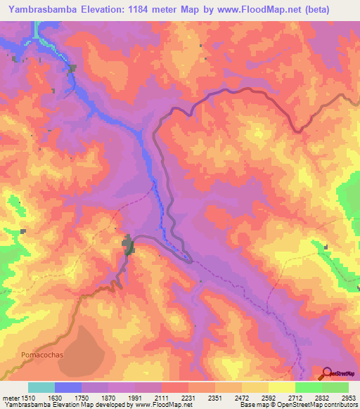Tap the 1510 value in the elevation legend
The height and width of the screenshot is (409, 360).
click(x=27, y=398)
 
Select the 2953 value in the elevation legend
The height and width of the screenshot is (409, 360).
click(x=349, y=398)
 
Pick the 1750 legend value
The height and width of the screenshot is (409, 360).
click(x=82, y=398)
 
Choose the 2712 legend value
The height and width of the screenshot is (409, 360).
click(x=295, y=398)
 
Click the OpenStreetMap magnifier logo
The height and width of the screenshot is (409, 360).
click(x=326, y=373)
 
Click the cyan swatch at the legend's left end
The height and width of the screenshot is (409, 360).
click(x=41, y=387)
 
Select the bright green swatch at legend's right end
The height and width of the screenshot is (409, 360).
click(x=335, y=387)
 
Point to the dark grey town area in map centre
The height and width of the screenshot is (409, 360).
click(x=129, y=246)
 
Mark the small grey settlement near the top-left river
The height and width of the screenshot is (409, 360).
click(x=72, y=68)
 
